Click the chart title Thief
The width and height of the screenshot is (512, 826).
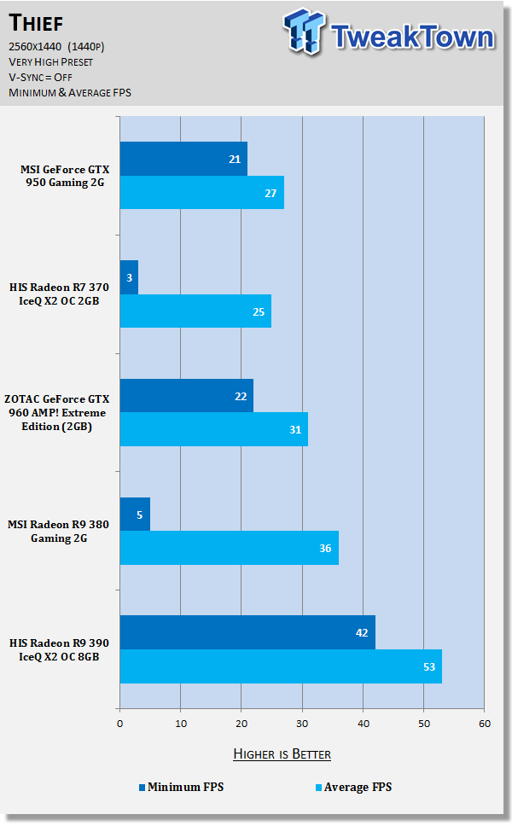point(39,22)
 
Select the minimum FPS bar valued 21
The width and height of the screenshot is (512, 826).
point(183,159)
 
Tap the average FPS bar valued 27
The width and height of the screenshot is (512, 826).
point(201,193)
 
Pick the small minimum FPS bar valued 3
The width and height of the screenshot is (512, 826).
point(129,277)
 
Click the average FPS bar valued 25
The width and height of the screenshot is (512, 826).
point(195,311)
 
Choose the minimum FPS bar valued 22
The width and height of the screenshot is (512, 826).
point(186,396)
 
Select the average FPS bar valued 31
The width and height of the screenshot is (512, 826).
point(213,429)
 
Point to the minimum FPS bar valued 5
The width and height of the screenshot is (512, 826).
point(135,515)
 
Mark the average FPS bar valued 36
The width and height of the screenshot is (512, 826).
point(229,548)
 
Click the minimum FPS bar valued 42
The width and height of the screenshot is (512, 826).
point(247,632)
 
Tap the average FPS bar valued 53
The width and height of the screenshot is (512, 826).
point(281,666)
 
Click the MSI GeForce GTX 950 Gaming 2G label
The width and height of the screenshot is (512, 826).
point(65,176)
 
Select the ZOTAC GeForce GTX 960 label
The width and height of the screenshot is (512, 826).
point(65,413)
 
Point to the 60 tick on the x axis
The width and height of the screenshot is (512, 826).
point(484,724)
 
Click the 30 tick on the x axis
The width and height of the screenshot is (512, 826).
point(302,724)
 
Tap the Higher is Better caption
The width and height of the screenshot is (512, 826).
point(282,753)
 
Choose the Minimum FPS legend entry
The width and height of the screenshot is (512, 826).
point(180,787)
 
